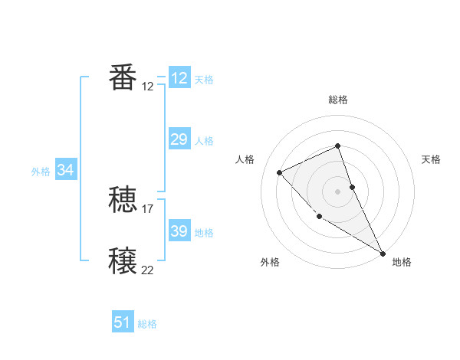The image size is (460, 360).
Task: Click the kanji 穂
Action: (123, 201)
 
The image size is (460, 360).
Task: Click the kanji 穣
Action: (123, 261)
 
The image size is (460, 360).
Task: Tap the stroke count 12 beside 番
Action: (148, 87)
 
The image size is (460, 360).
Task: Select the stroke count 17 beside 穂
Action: (148, 208)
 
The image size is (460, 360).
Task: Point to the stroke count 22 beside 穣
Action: (148, 270)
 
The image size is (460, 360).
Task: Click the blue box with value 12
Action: (179, 78)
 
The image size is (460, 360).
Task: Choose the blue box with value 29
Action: (179, 139)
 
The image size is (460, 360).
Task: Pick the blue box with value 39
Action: (179, 231)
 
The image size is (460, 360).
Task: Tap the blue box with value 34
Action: (65, 170)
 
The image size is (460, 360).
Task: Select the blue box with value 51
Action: (123, 322)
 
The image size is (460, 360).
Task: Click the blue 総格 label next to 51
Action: (147, 324)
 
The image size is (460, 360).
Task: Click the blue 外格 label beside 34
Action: (41, 172)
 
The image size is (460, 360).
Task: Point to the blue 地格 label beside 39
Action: (204, 233)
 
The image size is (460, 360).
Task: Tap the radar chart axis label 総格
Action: (338, 100)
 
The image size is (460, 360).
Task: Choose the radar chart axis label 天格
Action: (432, 159)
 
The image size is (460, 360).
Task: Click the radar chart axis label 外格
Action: (270, 262)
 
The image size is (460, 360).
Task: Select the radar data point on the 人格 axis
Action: (280, 172)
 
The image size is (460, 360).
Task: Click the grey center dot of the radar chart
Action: (338, 191)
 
